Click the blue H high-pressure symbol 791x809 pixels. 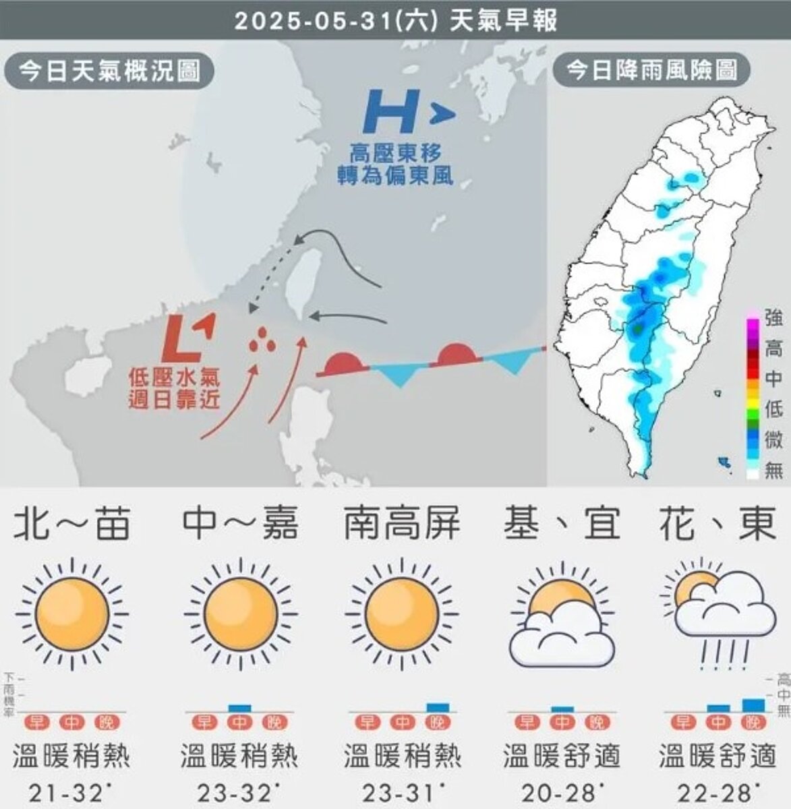388,113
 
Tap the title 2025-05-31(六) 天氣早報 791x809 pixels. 396,21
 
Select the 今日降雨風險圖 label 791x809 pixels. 651,70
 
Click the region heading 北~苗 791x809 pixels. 72,524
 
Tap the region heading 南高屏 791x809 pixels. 402,524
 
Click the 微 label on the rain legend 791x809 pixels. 773,440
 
